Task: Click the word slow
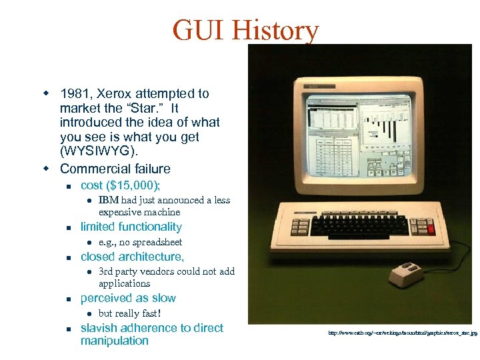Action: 163,298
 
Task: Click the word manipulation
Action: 115,341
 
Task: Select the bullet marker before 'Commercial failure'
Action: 47,169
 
